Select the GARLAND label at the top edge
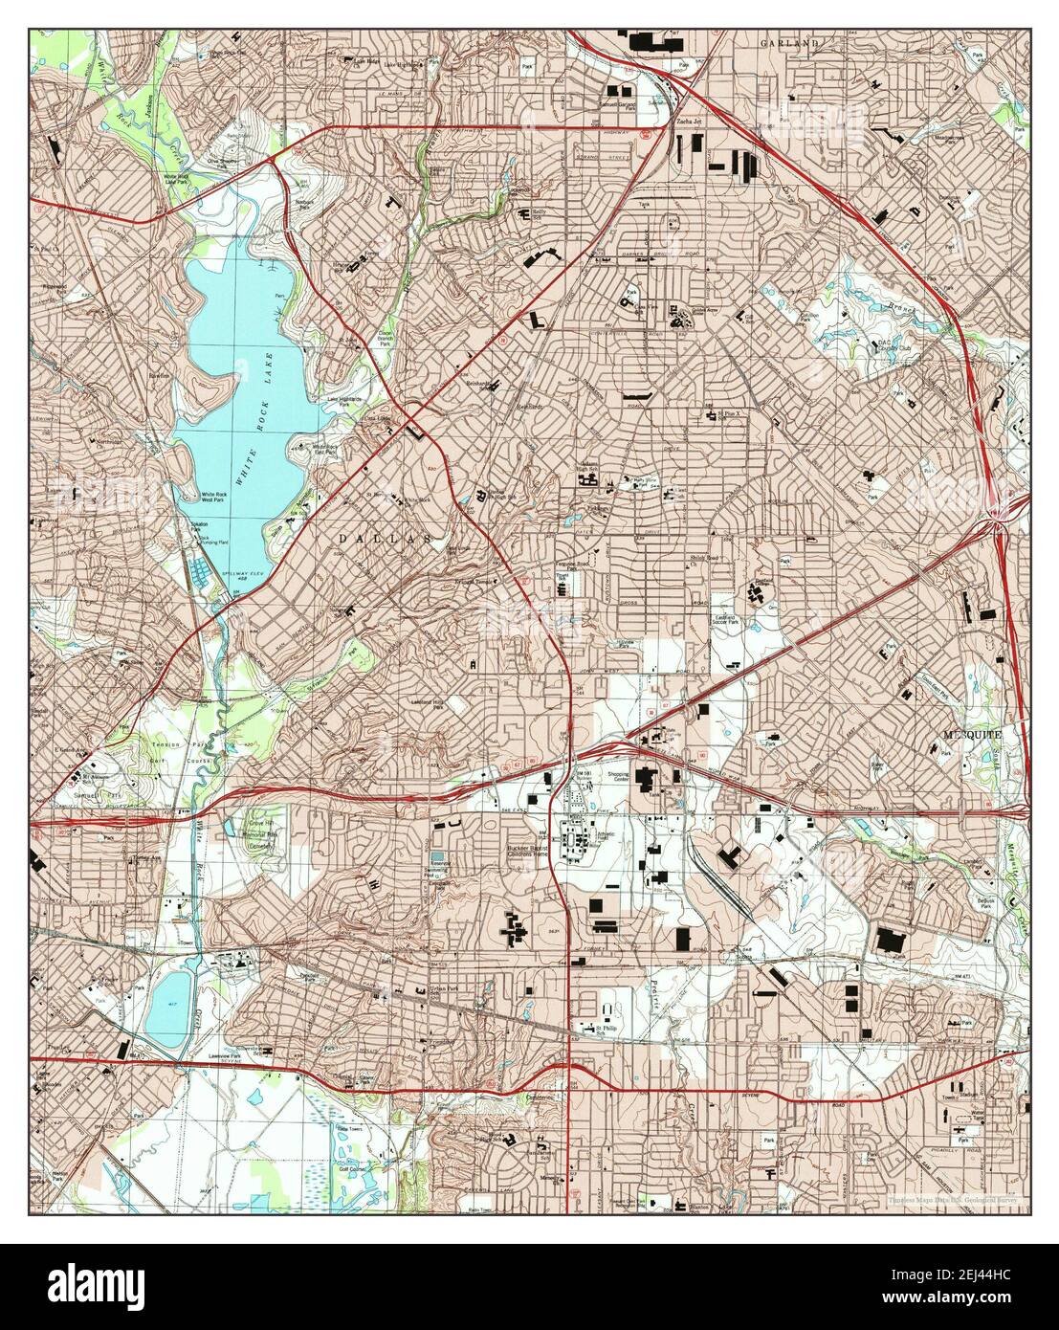tap(790, 44)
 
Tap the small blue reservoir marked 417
tap(167, 1008)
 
